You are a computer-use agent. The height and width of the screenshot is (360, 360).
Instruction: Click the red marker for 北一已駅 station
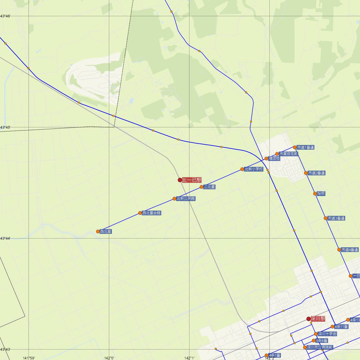coord(180,180)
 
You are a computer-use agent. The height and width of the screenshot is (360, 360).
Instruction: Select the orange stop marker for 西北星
coord(98,231)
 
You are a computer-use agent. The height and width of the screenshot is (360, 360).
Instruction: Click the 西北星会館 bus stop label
coord(151,213)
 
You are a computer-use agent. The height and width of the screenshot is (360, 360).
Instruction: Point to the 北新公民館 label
coord(186,199)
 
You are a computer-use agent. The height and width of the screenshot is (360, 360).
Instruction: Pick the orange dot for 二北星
coord(202,187)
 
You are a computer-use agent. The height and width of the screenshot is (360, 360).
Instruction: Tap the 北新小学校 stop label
coord(253,169)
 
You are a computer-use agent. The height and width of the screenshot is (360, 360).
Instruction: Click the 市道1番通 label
coord(305,147)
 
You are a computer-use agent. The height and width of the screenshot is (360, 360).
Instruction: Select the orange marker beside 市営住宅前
coord(277,154)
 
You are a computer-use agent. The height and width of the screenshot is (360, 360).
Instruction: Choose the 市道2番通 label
coord(316,173)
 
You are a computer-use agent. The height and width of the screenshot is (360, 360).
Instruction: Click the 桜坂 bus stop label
coord(321,193)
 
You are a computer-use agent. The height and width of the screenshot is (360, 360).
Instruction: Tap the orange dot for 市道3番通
coord(325,218)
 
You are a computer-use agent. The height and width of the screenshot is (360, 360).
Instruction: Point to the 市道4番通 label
coord(349,250)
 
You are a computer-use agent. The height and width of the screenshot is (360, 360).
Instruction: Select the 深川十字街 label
coord(327,334)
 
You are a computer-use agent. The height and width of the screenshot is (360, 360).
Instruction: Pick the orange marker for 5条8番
coord(314,340)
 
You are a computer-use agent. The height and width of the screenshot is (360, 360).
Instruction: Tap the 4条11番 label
coord(341,327)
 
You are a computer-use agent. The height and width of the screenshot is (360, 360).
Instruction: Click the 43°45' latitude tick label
coord(5,127)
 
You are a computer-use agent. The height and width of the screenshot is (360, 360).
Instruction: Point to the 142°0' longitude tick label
coord(109,358)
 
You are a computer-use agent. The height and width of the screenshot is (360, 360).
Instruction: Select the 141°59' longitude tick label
coord(29,358)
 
